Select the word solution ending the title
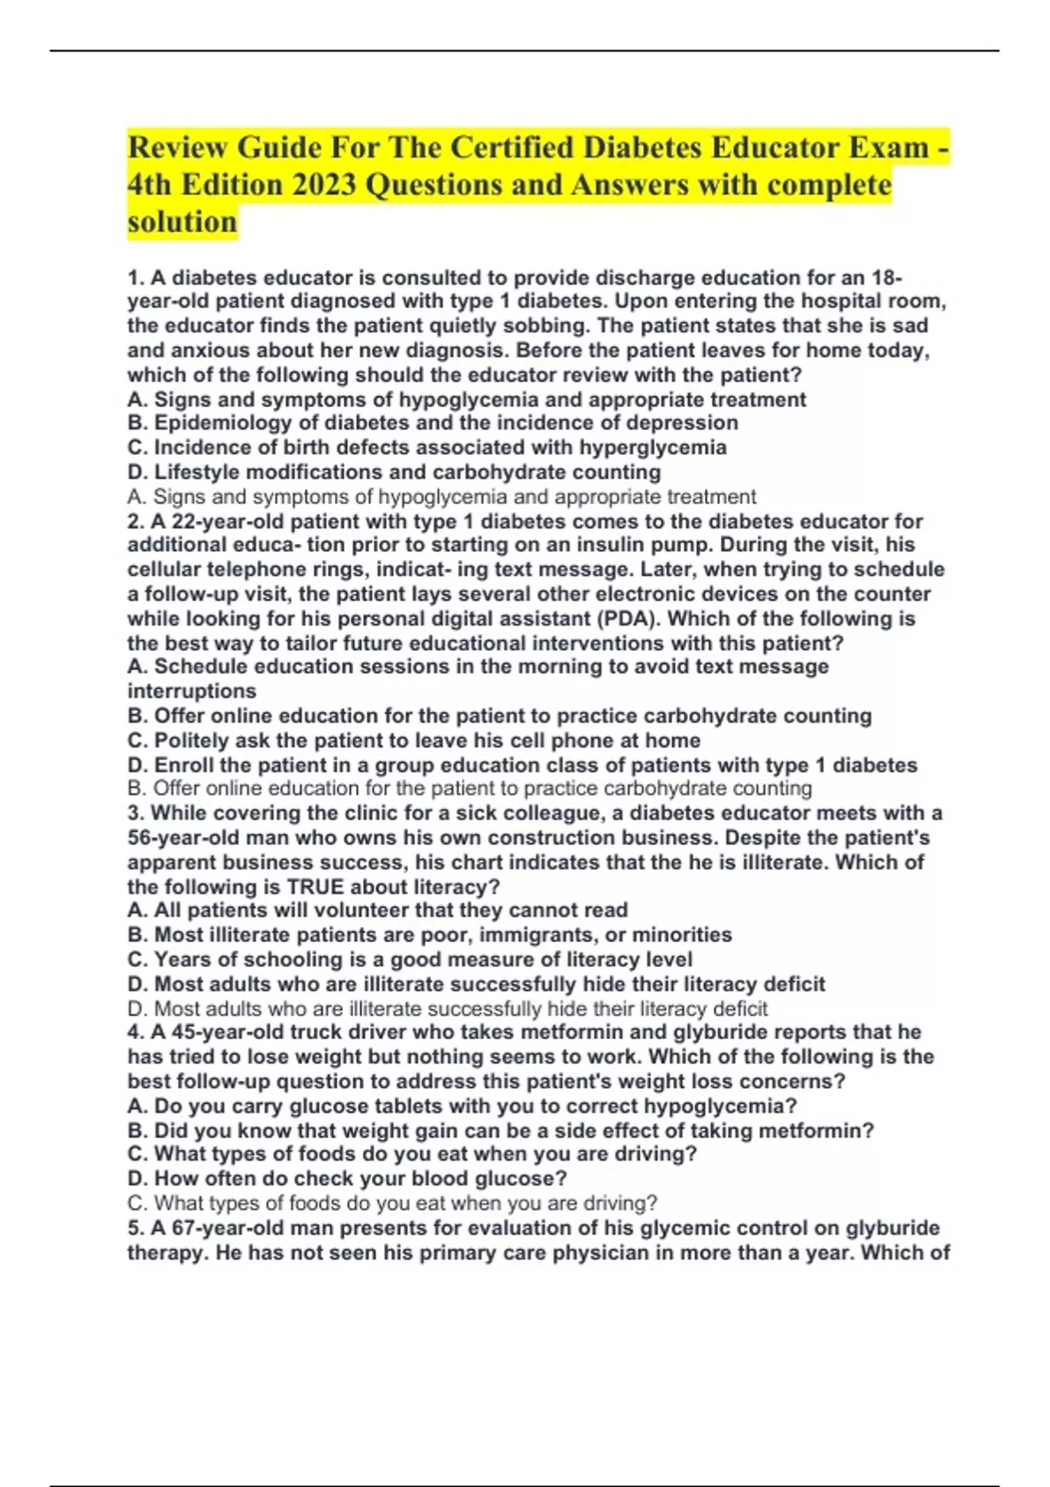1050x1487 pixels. [182, 222]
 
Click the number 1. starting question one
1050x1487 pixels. [136, 278]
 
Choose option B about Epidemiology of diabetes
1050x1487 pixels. [432, 423]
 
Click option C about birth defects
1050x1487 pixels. [427, 448]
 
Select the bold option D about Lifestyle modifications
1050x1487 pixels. [394, 472]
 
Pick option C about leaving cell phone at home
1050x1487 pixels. [414, 740]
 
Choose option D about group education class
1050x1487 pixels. [521, 765]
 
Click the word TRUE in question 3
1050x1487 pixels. [315, 887]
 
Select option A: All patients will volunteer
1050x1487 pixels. [377, 911]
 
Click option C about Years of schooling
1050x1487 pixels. [409, 960]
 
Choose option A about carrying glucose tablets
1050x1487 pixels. [462, 1106]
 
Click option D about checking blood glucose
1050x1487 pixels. [346, 1178]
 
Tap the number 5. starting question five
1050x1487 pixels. [136, 1228]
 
